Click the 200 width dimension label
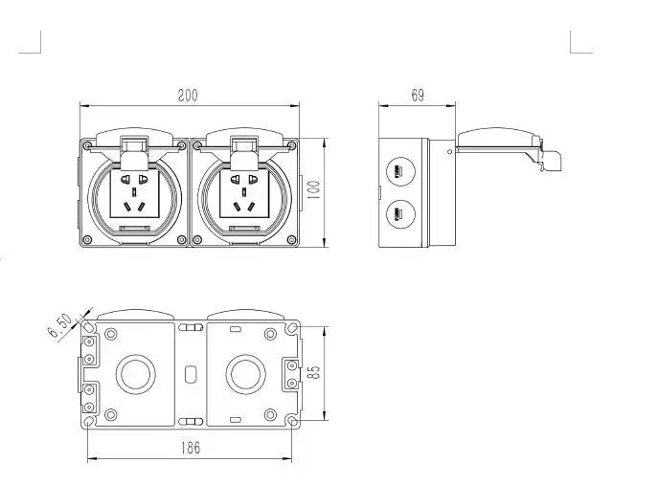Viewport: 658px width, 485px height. click(188, 95)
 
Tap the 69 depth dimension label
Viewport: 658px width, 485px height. click(418, 95)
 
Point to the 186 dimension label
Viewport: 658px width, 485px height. click(190, 448)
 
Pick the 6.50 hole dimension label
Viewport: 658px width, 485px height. click(60, 325)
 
